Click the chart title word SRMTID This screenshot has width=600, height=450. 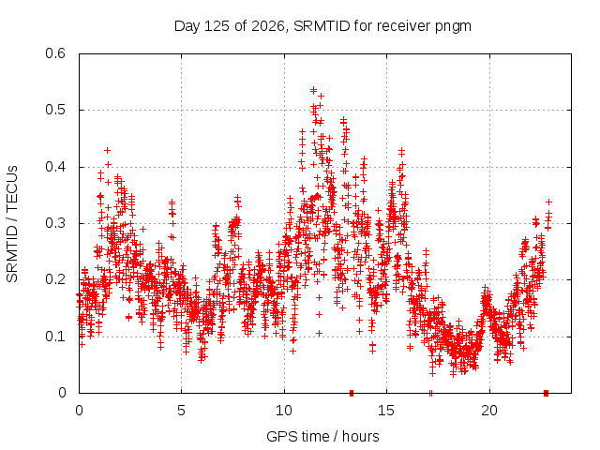tap(322, 26)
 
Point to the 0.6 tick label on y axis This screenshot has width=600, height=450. tap(55, 53)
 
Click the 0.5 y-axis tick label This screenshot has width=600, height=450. tap(55, 110)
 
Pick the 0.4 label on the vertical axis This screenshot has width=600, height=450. tap(55, 167)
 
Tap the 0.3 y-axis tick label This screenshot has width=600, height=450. tap(55, 223)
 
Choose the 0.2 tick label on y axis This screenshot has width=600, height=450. tap(55, 279)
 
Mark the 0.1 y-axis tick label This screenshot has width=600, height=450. tap(55, 337)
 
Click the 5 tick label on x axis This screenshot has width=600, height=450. tap(181, 411)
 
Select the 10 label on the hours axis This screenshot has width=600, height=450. tap(283, 411)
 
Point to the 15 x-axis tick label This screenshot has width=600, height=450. tap(386, 411)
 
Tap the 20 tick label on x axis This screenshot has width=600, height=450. tap(489, 411)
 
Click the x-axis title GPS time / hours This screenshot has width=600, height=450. tap(322, 437)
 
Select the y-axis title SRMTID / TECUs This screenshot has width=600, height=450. tap(12, 224)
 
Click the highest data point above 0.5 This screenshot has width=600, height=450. tap(313, 90)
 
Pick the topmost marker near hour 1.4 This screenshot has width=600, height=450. tap(108, 150)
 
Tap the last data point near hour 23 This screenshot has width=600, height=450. tap(548, 202)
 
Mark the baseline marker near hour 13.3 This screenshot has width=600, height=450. tap(352, 393)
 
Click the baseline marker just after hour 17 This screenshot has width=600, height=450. tap(431, 393)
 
